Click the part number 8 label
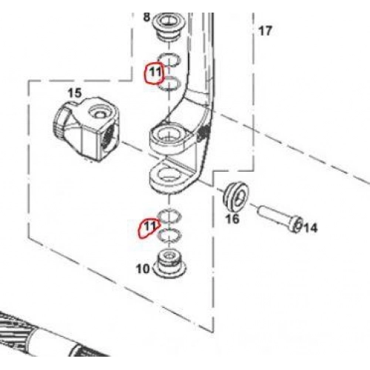[147, 17]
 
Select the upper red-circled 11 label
[155, 73]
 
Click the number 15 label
[75, 93]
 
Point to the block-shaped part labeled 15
[86, 129]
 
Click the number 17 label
[265, 31]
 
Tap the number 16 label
[232, 219]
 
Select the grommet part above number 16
[236, 195]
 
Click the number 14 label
[310, 228]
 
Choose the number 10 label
[143, 269]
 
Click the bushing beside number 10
[169, 264]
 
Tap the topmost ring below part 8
[169, 60]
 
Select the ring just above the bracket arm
[169, 83]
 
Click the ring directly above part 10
[169, 235]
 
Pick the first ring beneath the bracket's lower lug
[169, 215]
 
